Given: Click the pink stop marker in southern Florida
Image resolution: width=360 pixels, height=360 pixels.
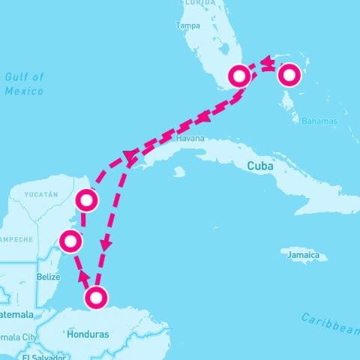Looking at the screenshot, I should (239, 76).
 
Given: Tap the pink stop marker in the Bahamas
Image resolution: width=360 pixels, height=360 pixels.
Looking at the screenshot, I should (289, 75).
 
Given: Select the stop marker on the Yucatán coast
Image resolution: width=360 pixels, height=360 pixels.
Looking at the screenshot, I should (88, 199).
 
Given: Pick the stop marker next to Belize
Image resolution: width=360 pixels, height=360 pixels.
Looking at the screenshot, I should (70, 241).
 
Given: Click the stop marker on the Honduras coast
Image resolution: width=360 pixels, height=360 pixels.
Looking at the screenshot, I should (95, 298).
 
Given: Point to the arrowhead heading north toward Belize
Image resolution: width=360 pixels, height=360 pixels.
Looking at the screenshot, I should (82, 274).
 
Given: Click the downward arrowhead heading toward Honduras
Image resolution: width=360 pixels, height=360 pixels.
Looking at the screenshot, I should (106, 245).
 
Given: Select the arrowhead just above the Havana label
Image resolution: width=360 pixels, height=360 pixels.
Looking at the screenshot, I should (202, 118).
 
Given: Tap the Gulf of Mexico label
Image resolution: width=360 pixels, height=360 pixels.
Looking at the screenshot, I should (25, 83).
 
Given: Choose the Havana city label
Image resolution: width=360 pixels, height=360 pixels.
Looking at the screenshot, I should (190, 139).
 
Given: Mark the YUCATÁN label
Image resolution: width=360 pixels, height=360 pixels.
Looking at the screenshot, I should (41, 194).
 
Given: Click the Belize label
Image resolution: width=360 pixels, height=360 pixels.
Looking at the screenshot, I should (47, 277).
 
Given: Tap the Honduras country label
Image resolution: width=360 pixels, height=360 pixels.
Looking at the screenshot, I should (87, 334).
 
